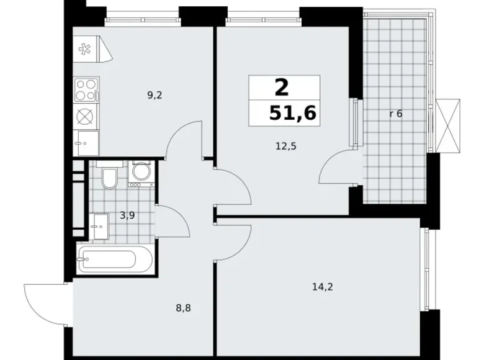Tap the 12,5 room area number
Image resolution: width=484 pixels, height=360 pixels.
click(x=285, y=146)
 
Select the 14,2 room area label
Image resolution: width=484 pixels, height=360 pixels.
click(x=323, y=286)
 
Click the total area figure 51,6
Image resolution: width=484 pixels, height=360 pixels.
click(x=293, y=112)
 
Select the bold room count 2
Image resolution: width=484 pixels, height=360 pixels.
click(x=281, y=87)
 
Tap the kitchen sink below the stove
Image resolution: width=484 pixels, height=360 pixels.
click(x=86, y=143)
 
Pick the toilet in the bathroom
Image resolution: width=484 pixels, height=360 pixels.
click(x=109, y=176)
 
